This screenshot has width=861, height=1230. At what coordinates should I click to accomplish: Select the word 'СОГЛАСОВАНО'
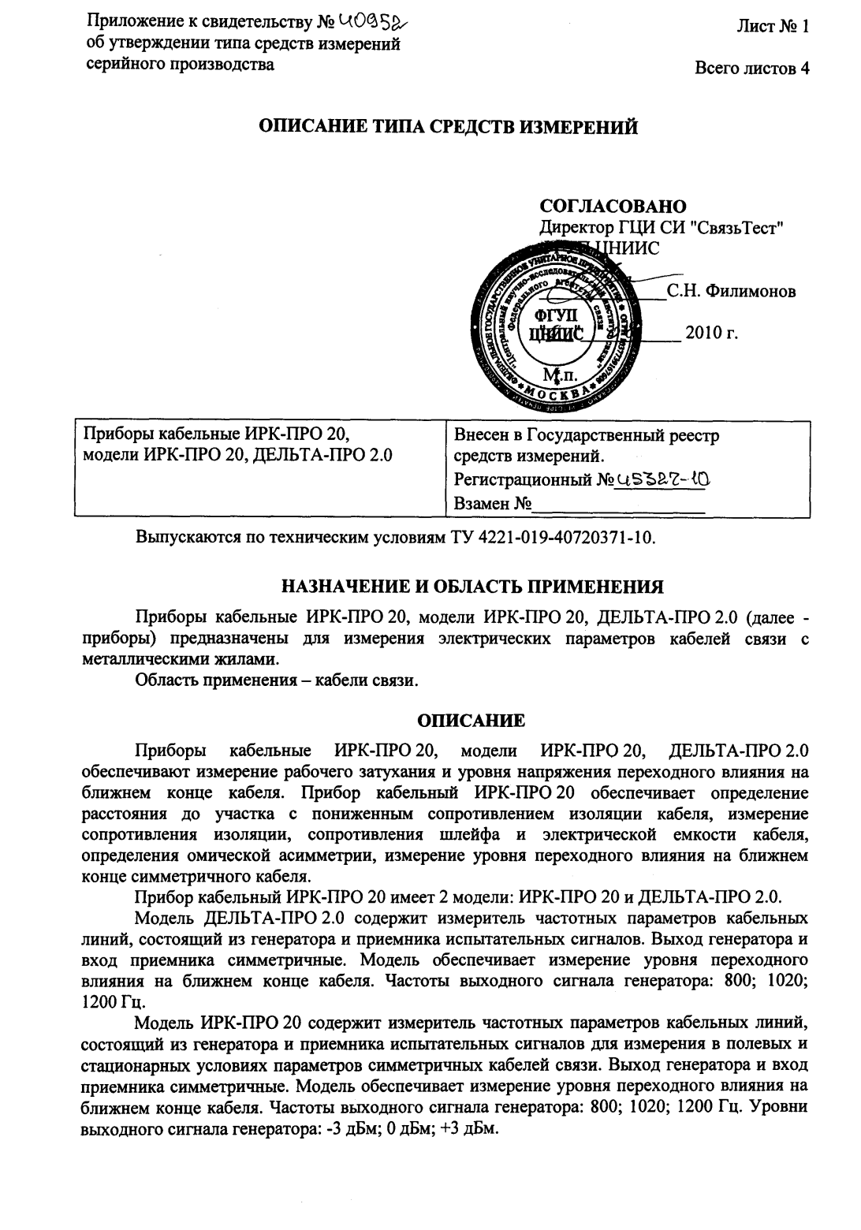point(613,207)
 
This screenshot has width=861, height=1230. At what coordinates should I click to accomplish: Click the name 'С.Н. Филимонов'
point(731,291)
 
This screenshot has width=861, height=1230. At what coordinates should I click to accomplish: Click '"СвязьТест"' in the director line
point(735,229)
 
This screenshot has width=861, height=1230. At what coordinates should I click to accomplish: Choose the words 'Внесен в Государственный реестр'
point(587,435)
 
